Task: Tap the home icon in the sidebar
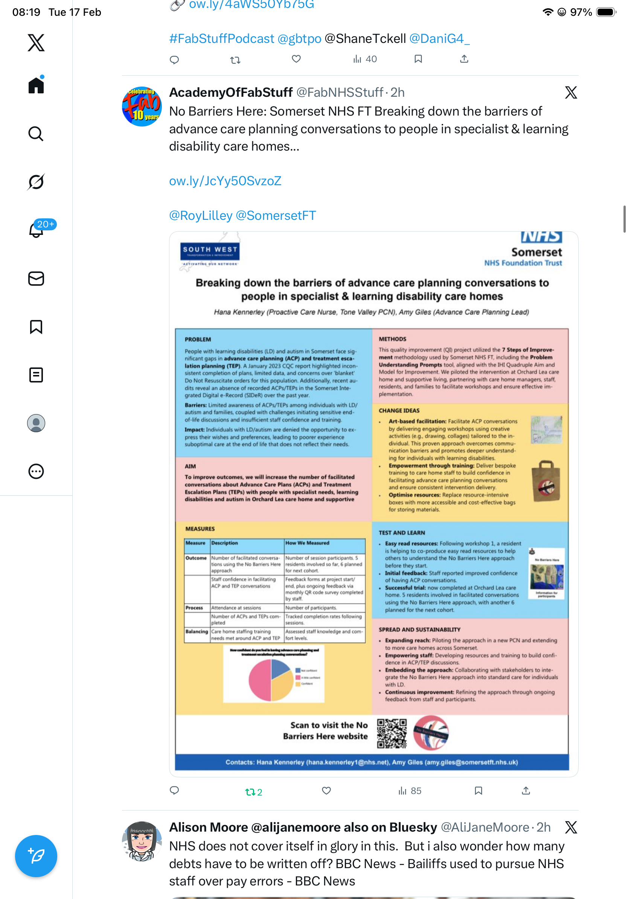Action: coord(36,85)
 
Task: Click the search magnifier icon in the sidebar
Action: coord(36,134)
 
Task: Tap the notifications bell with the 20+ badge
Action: coord(37,230)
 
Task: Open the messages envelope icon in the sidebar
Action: coord(36,278)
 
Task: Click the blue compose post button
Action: coord(36,856)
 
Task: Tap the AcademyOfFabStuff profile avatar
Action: coord(142,107)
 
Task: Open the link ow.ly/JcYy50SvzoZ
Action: coord(225,181)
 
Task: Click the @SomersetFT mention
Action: coord(276,215)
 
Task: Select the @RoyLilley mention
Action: coord(200,215)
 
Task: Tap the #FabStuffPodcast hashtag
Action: coord(222,39)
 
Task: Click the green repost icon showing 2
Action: coord(253,792)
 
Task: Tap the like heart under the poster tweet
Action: coord(326,791)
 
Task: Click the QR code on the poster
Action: coord(392,733)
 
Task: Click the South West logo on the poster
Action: coord(210,251)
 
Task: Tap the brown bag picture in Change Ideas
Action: coord(547,481)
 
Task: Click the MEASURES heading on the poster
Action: coord(200,529)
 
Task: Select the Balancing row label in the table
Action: coord(197,632)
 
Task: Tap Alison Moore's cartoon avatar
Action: coord(142,841)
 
